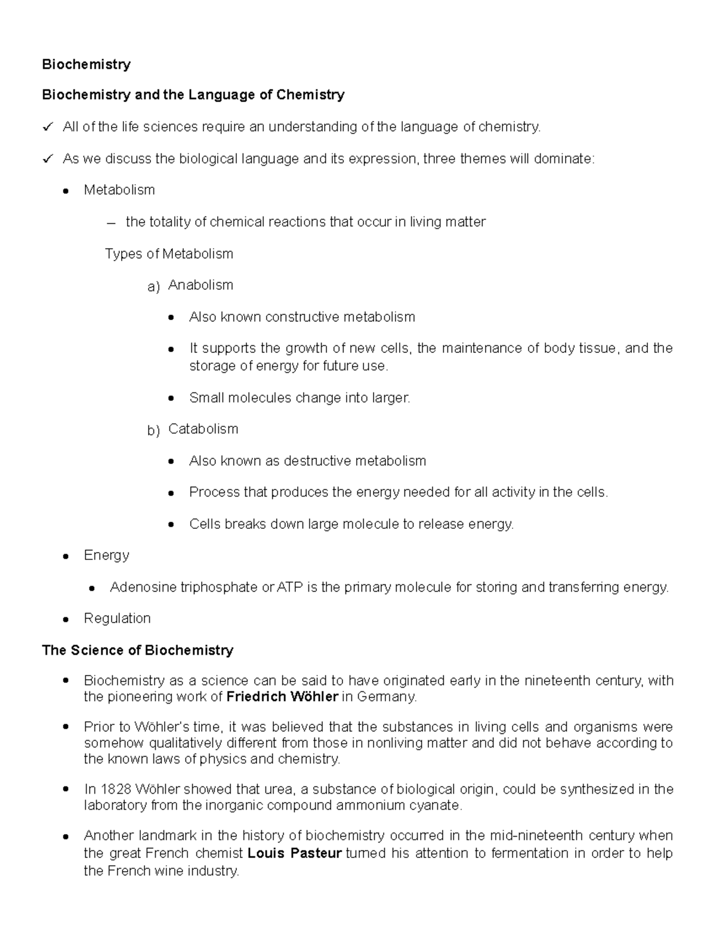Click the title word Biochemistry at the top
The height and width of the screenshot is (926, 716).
(86, 64)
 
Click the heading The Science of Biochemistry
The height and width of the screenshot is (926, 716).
(137, 650)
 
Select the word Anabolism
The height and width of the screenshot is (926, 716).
(200, 285)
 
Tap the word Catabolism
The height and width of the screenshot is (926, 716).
(203, 429)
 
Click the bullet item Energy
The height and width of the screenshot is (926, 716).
(106, 555)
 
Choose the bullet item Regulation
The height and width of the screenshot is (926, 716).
(117, 618)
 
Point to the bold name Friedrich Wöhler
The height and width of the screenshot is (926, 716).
(282, 696)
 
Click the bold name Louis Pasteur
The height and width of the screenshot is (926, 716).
(294, 853)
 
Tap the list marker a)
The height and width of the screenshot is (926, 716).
(153, 287)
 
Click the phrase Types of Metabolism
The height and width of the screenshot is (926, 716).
(169, 254)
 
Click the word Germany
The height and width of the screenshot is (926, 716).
(386, 696)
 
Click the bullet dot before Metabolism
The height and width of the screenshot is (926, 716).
(67, 191)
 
